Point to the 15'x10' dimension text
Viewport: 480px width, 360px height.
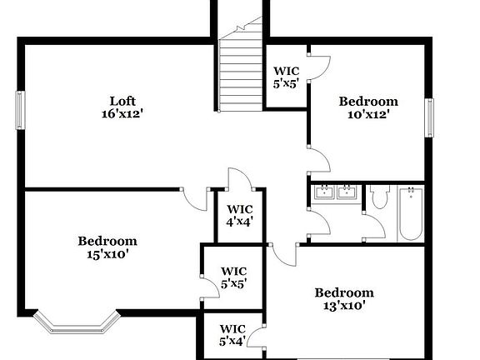pyautogui.click(x=107, y=254)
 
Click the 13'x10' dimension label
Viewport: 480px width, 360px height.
pyautogui.click(x=343, y=306)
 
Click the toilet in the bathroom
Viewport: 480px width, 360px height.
pyautogui.click(x=380, y=197)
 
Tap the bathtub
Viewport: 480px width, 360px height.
pyautogui.click(x=410, y=213)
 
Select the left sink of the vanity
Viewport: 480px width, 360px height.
pyautogui.click(x=324, y=193)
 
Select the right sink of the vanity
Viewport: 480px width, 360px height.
pyautogui.click(x=347, y=193)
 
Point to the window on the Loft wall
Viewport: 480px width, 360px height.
pyautogui.click(x=20, y=111)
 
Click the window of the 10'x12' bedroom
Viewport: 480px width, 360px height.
pyautogui.click(x=430, y=117)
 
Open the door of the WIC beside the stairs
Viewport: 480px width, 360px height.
pyautogui.click(x=319, y=66)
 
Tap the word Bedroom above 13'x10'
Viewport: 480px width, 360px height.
pyautogui.click(x=343, y=292)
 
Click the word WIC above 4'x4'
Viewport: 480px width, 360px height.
pyautogui.click(x=240, y=208)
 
